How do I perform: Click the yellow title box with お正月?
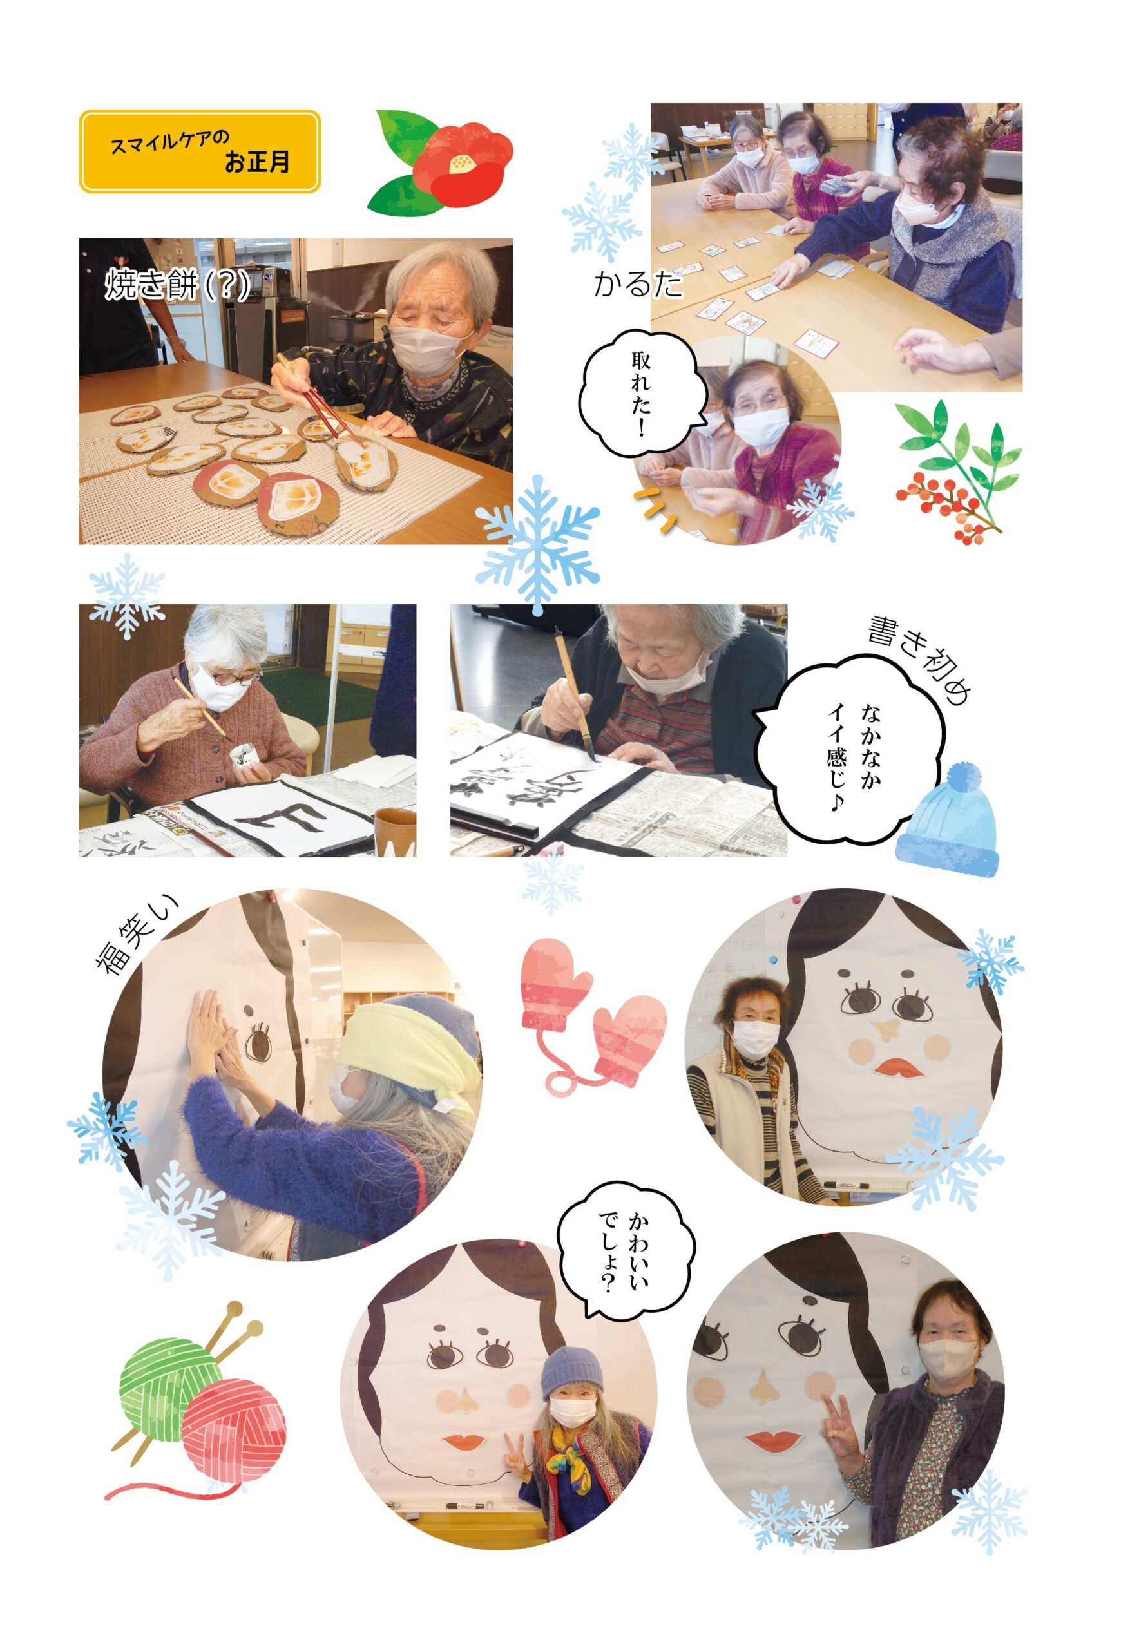click(x=200, y=151)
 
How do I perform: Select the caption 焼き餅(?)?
click(x=177, y=285)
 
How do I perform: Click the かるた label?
click(x=637, y=285)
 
